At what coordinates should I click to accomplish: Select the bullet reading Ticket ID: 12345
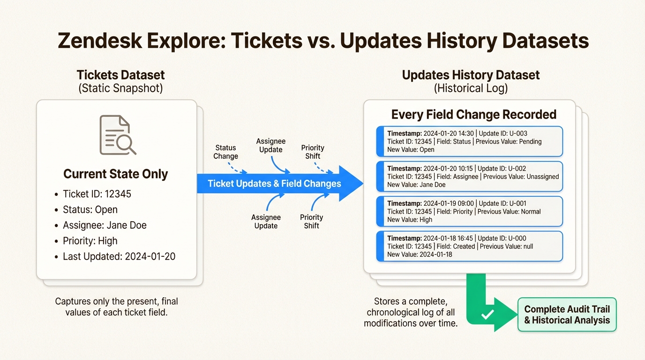pos(97,194)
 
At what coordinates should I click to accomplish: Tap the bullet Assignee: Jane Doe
pos(105,225)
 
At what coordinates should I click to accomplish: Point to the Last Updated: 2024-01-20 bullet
pos(119,256)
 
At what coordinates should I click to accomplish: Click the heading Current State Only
pos(115,174)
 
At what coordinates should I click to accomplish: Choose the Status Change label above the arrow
pos(225,152)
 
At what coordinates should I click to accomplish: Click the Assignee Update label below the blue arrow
pos(266,221)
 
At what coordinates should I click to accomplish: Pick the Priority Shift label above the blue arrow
pos(313,152)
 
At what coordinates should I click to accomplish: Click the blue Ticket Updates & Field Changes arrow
pos(274,183)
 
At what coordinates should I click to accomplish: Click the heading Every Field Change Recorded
pos(473,114)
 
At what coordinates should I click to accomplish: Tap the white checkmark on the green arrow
pos(487,314)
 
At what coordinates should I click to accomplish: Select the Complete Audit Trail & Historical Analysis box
pos(567,315)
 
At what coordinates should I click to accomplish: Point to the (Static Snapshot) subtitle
pos(120,88)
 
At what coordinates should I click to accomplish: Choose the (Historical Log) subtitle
pos(471,88)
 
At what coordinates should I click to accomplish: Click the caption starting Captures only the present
pos(116,306)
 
